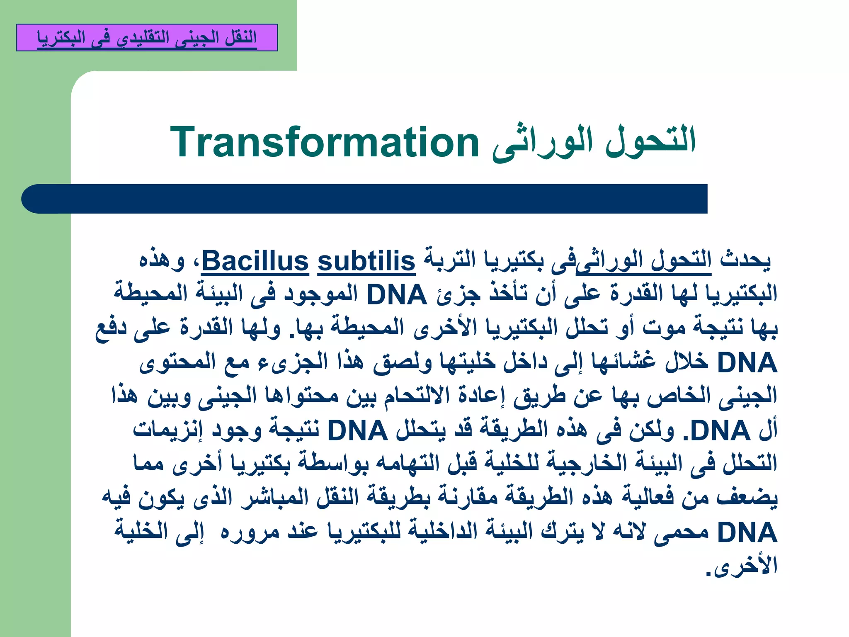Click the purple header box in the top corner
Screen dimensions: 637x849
147,38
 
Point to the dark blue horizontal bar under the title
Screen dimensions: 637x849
365,199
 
